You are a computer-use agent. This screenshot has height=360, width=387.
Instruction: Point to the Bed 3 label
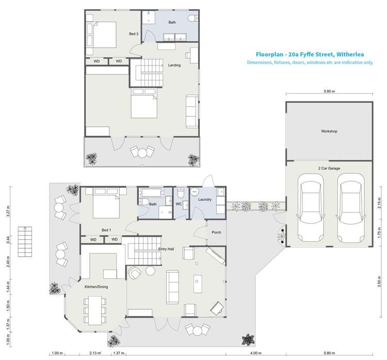134,34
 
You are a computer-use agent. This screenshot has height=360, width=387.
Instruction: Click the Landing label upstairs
174,65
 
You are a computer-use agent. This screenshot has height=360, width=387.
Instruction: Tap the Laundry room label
205,200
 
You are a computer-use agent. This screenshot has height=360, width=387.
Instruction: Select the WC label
179,204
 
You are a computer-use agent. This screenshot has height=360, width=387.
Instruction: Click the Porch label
217,232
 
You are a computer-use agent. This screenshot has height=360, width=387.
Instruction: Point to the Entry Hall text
166,249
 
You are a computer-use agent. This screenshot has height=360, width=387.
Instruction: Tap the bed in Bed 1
106,205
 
